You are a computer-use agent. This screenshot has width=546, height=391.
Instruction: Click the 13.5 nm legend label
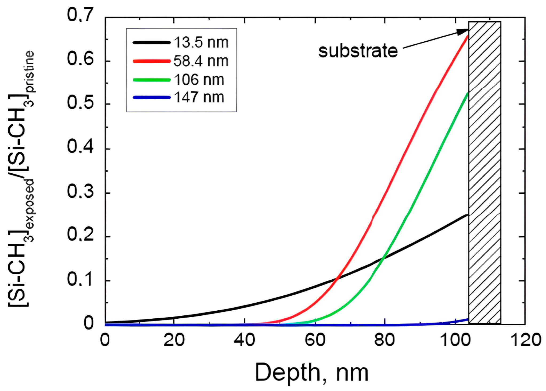(201, 43)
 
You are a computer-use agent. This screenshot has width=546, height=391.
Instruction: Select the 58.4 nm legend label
(201, 61)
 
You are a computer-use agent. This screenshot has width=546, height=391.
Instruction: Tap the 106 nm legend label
(199, 80)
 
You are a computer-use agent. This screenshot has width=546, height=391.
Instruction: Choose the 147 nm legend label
(199, 97)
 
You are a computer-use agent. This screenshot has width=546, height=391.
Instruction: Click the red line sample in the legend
(152, 61)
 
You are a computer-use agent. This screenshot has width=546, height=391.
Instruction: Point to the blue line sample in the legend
(152, 97)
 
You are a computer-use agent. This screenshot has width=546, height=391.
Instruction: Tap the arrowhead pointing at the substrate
(462, 32)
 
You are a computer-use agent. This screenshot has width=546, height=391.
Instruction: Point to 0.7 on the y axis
(80, 15)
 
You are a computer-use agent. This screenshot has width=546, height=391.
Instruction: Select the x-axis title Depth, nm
(312, 373)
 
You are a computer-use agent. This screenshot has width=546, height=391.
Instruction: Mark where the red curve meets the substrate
(468, 36)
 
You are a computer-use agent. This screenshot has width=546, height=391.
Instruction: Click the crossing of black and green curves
(383, 257)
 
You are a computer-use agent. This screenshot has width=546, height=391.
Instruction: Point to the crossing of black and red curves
(337, 279)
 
